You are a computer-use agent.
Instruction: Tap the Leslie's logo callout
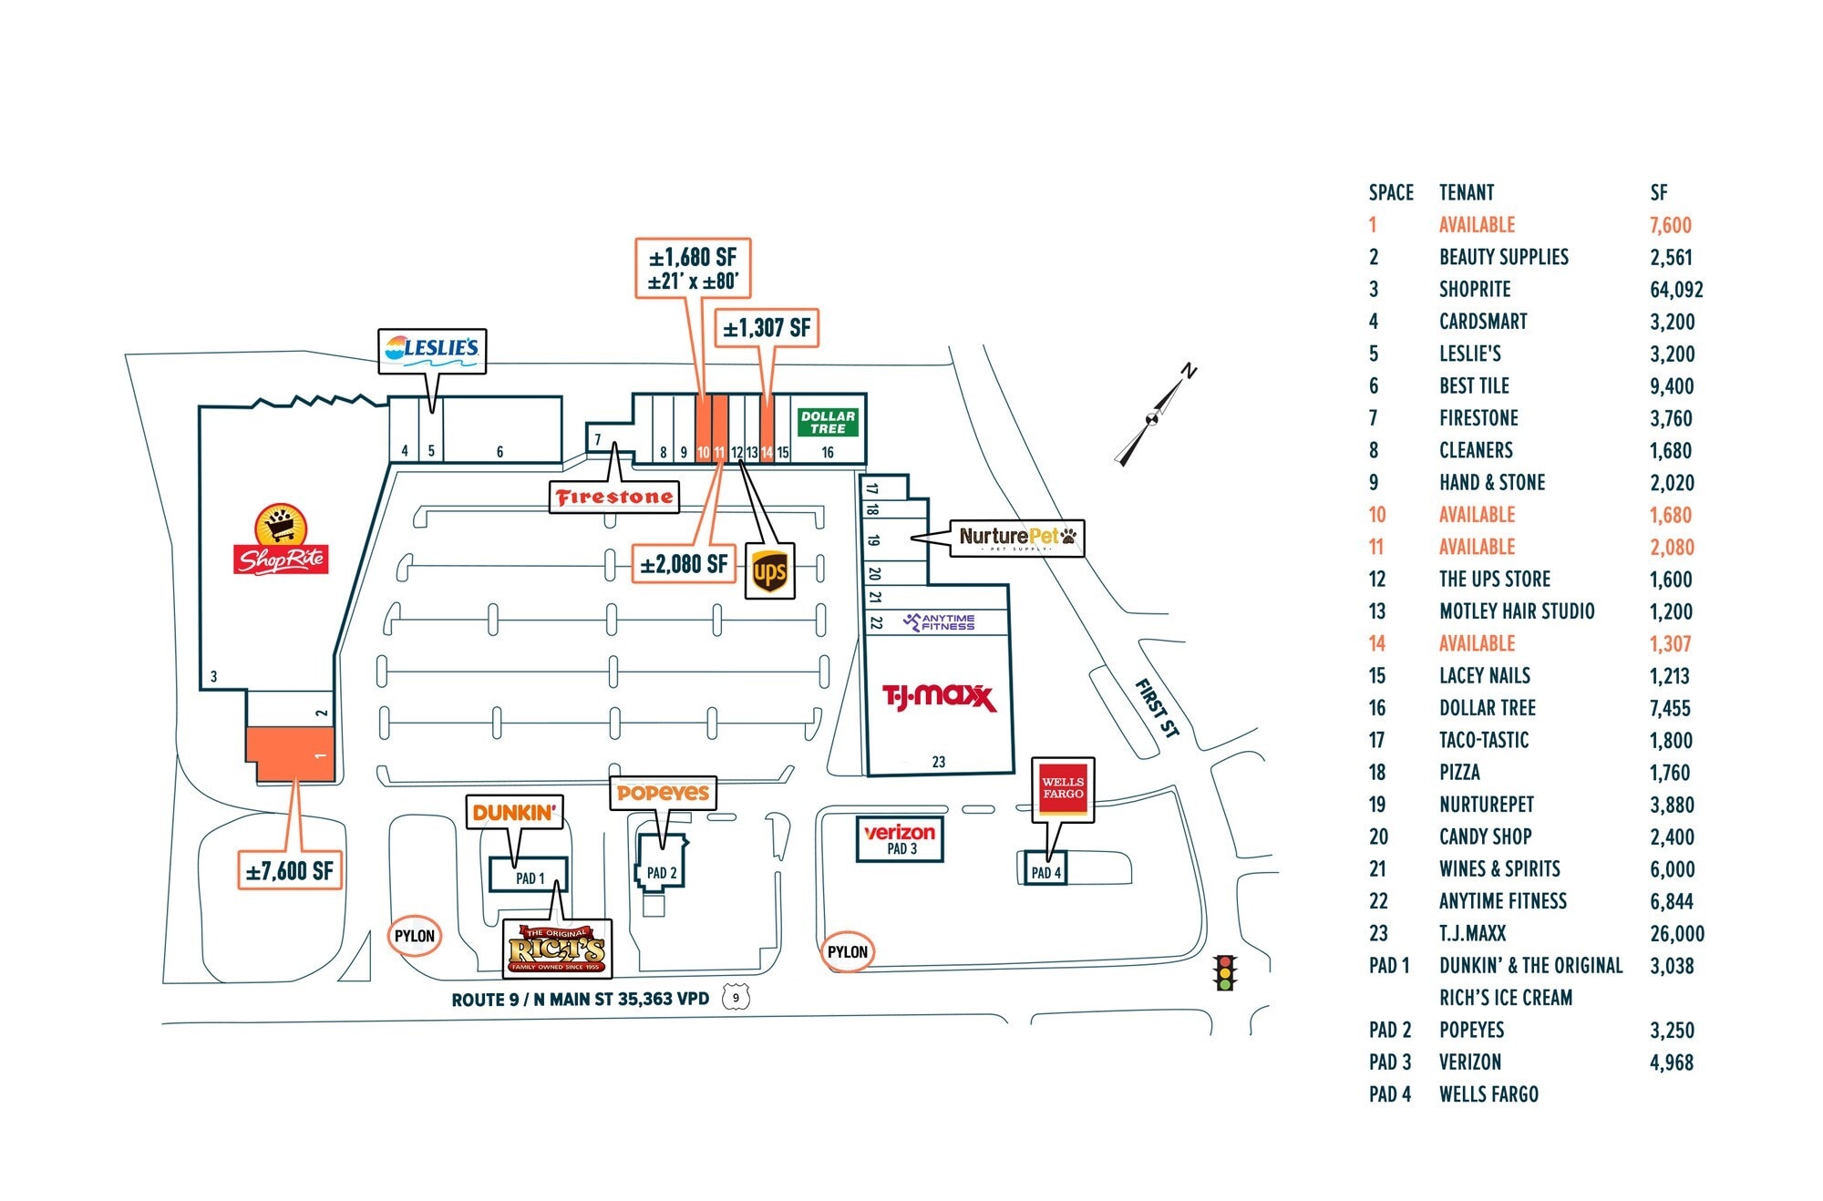pos(432,349)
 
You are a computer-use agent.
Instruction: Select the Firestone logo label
pos(614,497)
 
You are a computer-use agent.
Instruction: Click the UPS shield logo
pos(769,571)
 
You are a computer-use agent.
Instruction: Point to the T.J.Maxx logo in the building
pos(938,697)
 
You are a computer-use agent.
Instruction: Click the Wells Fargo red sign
pos(1063,787)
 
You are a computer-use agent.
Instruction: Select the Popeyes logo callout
pos(663,793)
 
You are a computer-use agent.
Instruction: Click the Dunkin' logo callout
pos(514,811)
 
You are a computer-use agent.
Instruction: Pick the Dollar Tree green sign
pos(828,422)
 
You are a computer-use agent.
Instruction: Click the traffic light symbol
pos(1224,972)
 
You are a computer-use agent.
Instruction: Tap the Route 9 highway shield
pos(736,998)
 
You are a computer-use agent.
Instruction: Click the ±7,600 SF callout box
pos(290,870)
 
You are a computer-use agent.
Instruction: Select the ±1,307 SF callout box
pos(767,328)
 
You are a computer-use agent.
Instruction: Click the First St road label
pos(1157,708)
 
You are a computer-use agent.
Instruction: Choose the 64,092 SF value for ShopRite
pos(1675,290)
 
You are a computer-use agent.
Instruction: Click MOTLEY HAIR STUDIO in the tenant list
pos(1517,611)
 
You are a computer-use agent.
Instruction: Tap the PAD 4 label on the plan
pos(1045,872)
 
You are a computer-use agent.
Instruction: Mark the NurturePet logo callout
pos(1016,538)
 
